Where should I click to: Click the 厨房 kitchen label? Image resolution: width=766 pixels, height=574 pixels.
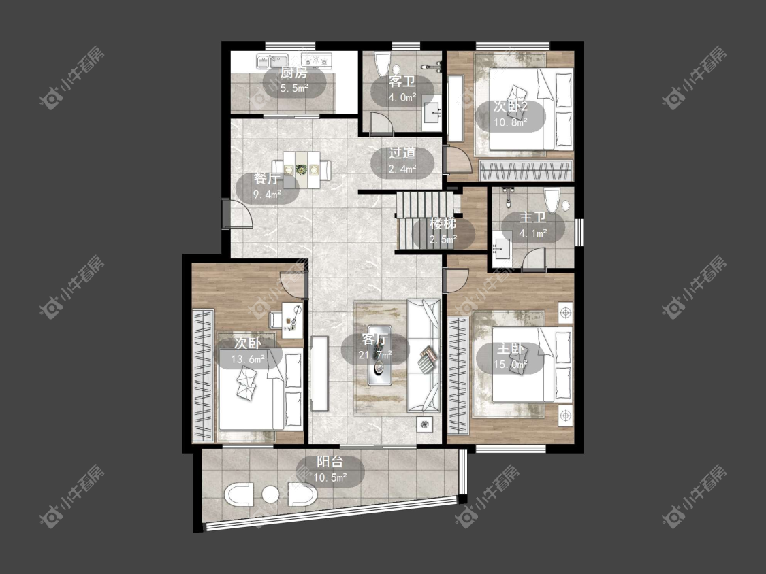tap(294, 73)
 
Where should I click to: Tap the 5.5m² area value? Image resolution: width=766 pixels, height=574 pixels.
tap(294, 88)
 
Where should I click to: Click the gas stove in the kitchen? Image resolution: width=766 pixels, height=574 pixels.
tap(317, 60)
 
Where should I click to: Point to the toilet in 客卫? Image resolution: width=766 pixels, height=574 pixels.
tap(381, 64)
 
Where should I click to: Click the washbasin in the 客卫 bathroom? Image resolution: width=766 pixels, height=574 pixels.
tap(432, 113)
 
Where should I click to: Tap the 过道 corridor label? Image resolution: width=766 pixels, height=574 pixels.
tap(402, 153)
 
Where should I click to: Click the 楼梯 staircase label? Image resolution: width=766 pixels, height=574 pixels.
tap(443, 224)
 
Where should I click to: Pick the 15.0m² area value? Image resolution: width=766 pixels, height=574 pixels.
tap(511, 364)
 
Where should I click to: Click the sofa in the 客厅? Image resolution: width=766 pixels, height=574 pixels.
tap(424, 356)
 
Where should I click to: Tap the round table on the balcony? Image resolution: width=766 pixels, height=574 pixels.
tap(270, 494)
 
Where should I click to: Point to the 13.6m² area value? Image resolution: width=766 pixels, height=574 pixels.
tap(248, 360)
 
